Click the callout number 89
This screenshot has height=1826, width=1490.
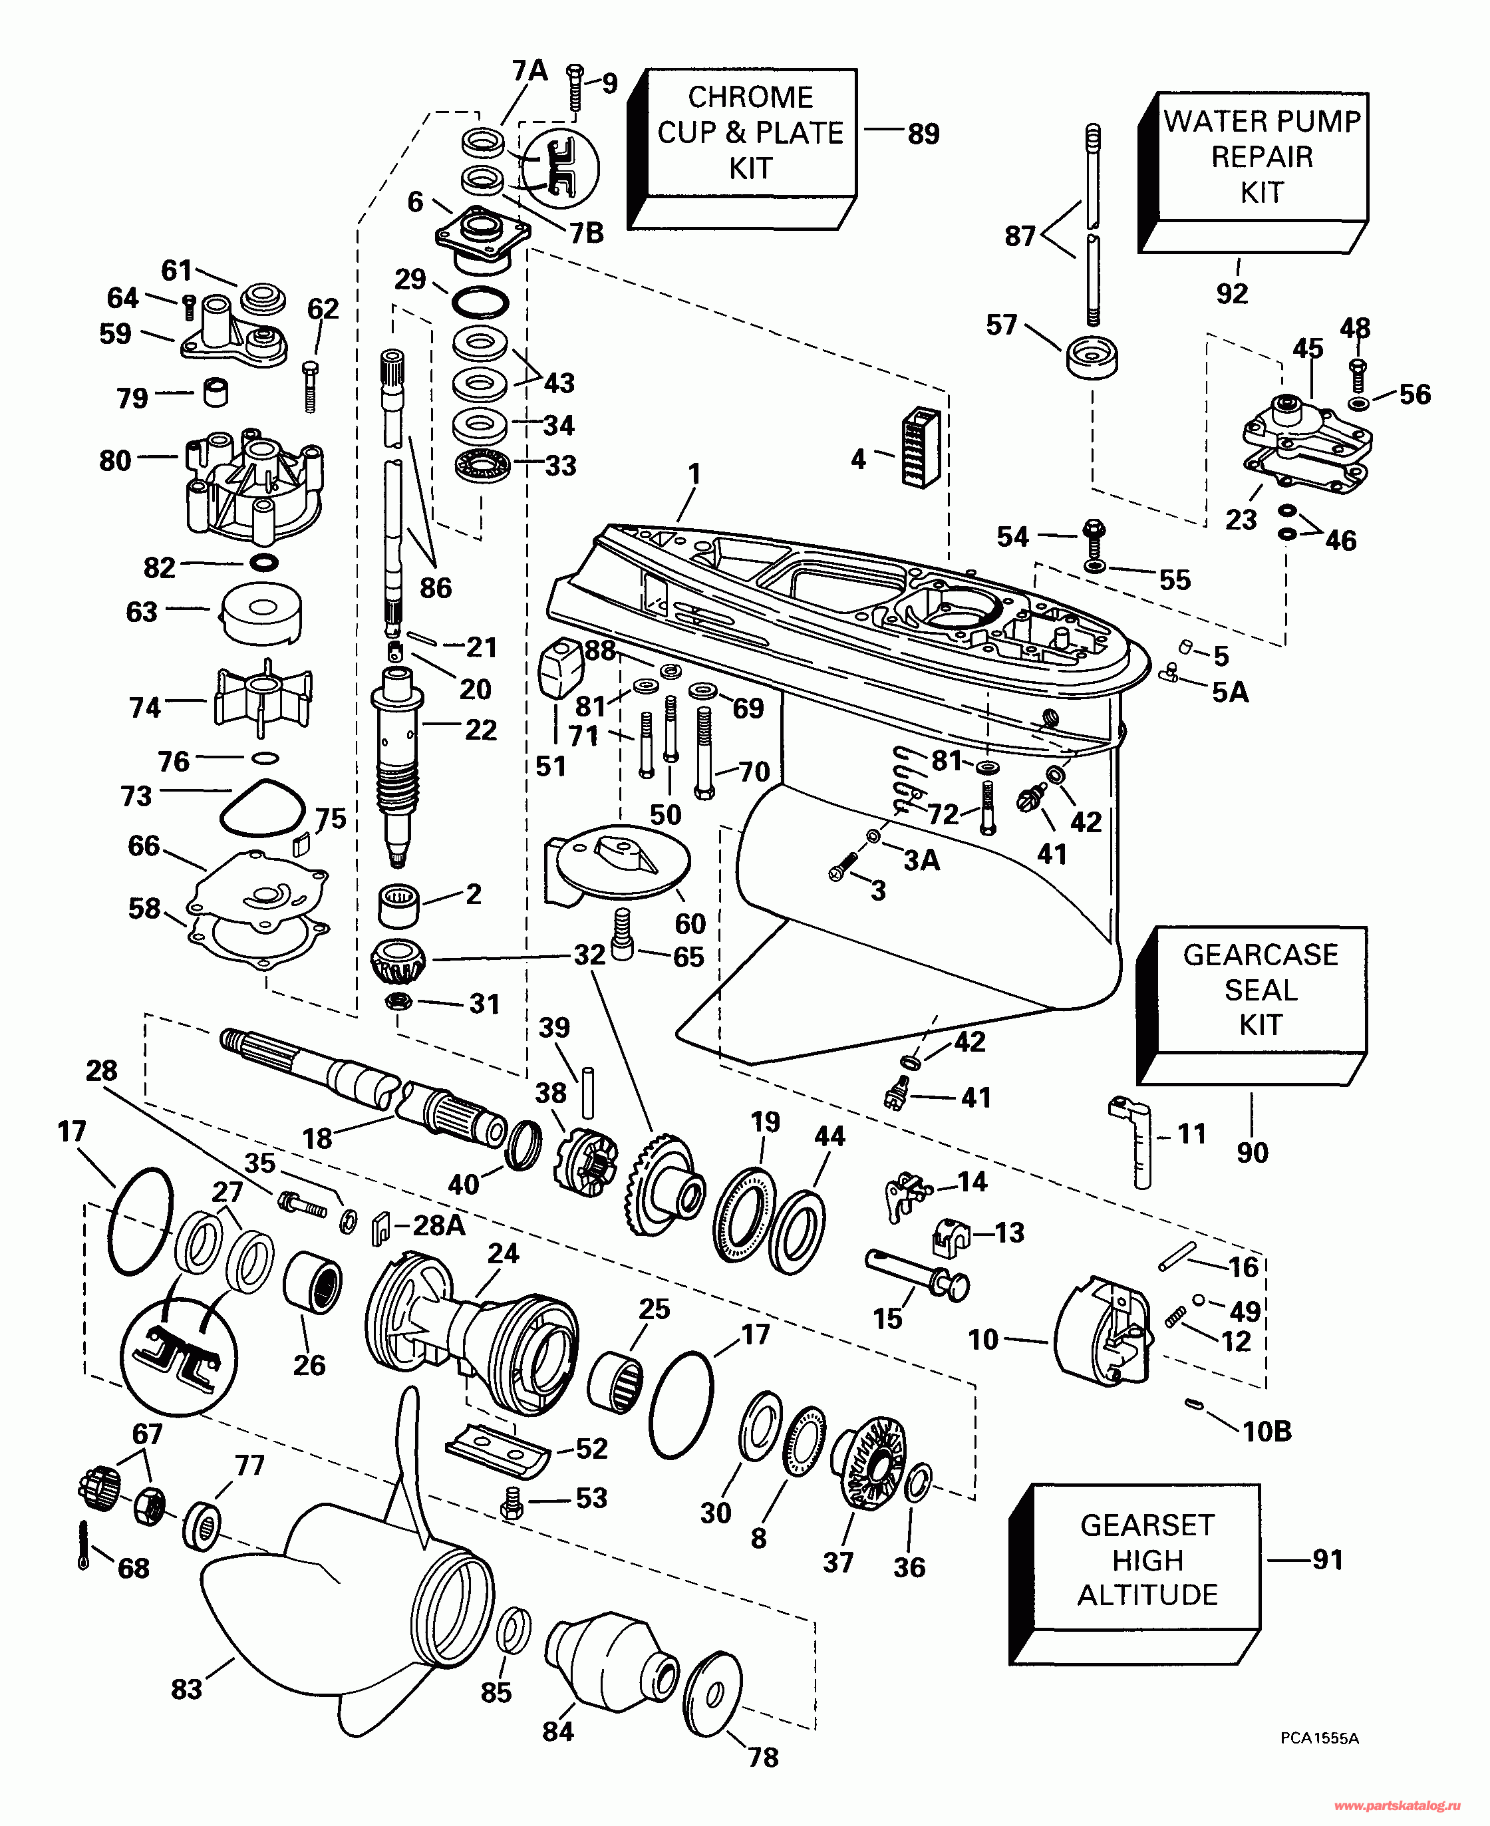pos(923,134)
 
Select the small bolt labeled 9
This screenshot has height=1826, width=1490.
pos(575,88)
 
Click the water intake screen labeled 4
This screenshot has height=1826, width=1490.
pos(920,447)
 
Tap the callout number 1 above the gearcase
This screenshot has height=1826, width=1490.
pos(694,474)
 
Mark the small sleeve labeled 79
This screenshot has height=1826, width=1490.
pos(216,392)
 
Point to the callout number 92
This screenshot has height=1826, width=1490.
pos(1232,293)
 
